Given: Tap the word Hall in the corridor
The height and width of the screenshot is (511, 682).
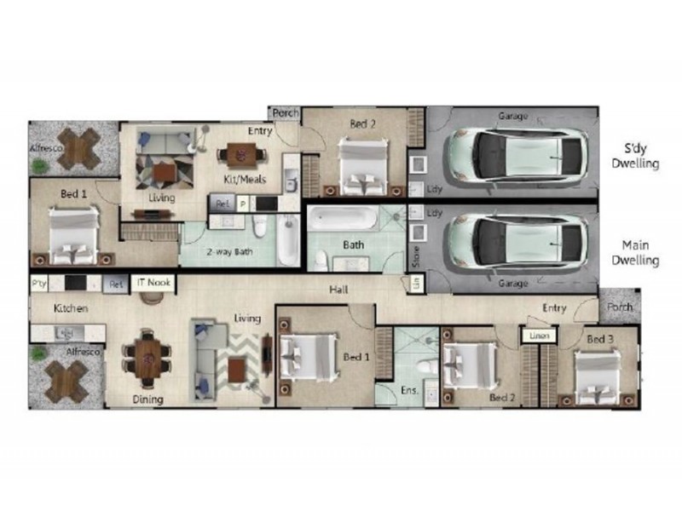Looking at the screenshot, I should tap(338, 290).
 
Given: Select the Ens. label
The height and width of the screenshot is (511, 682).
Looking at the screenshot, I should tap(408, 393).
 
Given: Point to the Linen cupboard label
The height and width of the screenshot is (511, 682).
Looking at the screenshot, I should tap(538, 336).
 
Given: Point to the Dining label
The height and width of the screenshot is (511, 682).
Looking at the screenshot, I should tap(147, 399).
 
